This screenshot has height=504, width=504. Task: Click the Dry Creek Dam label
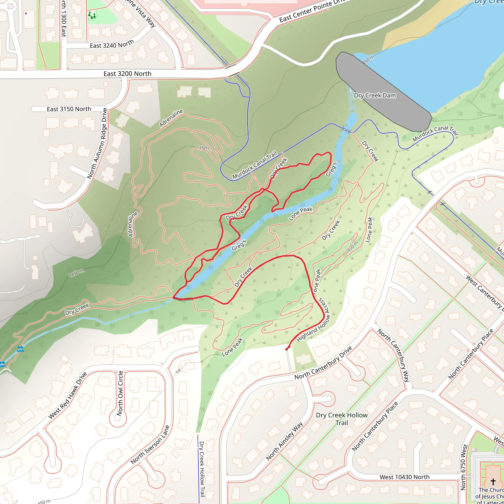(x=375, y=95)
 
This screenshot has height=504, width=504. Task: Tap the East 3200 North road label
(x=127, y=74)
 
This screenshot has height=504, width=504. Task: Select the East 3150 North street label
(x=69, y=109)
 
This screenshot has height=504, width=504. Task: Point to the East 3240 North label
(x=112, y=44)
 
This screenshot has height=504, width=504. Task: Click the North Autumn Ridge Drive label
(x=97, y=143)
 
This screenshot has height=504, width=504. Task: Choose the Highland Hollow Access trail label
(x=314, y=325)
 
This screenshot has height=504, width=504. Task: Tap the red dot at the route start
(x=287, y=349)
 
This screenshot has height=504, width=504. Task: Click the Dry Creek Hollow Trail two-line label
(x=342, y=419)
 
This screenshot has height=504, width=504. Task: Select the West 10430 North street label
(x=404, y=477)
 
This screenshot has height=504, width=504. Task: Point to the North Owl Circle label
(x=120, y=393)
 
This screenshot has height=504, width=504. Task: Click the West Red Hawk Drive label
(x=68, y=395)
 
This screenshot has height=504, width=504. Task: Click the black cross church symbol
(x=493, y=481)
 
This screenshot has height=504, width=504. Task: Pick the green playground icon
(x=92, y=16)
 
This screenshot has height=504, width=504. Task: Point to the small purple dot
(x=26, y=13)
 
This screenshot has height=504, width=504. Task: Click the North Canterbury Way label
(x=394, y=355)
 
